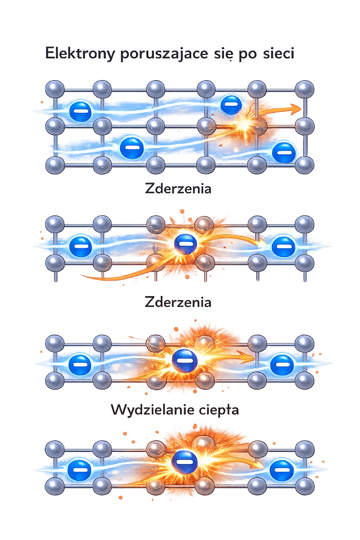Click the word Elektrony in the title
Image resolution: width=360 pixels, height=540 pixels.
point(80,53)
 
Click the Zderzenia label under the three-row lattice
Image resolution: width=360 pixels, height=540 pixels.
point(178,189)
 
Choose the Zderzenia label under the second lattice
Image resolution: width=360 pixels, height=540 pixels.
point(178,302)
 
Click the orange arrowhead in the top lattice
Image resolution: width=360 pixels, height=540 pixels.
point(297,109)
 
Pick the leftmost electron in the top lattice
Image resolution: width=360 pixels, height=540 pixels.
point(80,111)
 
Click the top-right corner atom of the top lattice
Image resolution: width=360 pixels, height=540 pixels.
point(304,89)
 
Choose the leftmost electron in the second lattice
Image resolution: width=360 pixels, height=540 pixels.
point(80,246)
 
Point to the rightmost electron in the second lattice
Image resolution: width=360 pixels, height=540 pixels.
point(283,246)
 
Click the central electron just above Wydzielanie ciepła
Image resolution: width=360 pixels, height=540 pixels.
point(184,361)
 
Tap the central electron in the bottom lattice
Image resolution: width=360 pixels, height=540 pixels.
point(185,462)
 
